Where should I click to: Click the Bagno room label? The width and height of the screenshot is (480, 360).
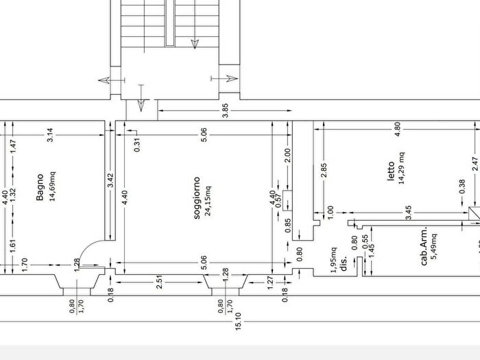[40, 187]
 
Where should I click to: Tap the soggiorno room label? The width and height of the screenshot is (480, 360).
[197, 197]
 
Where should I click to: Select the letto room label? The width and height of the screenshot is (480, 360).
[391, 171]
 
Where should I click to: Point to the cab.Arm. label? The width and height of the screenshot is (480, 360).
[424, 245]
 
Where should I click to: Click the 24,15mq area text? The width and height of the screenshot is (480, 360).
[208, 201]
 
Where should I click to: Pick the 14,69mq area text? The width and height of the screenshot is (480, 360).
[52, 186]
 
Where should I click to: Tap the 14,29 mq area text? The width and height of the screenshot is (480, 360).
[401, 168]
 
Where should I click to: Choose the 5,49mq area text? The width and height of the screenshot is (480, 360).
[434, 247]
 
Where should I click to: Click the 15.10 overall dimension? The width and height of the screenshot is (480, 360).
[239, 321]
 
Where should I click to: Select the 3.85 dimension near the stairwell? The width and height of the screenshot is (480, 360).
[225, 110]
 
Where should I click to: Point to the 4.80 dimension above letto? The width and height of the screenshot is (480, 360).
[397, 129]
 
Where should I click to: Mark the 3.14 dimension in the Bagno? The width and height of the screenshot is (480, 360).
[50, 134]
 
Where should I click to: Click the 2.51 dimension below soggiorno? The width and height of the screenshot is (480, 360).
[159, 282]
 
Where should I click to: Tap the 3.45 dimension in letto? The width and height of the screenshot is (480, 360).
[409, 213]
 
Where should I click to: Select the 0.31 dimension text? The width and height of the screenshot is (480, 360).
[137, 145]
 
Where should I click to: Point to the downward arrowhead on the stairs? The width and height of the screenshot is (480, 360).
[195, 45]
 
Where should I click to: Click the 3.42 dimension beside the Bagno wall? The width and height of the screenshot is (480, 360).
[110, 180]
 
